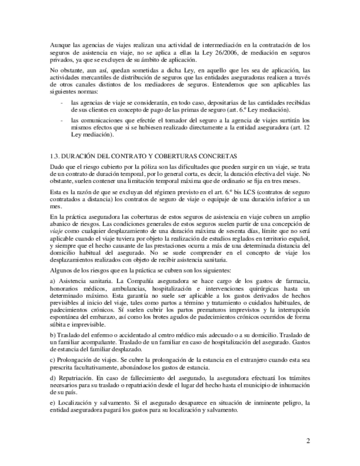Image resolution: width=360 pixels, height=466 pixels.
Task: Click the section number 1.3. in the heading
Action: [56, 156]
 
